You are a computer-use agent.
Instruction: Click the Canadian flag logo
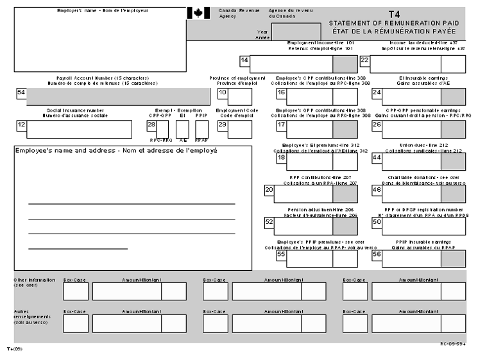click(198, 13)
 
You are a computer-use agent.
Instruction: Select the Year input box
click(291, 31)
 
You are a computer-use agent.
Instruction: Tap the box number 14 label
click(244, 60)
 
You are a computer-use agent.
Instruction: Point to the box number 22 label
click(364, 60)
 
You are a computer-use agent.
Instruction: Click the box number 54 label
click(21, 92)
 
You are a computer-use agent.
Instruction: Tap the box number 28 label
click(151, 124)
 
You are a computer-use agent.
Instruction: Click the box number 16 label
click(281, 92)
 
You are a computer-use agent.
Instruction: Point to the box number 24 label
click(377, 92)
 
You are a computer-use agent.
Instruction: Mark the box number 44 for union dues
click(377, 157)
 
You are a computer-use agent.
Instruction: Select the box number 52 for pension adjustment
click(269, 222)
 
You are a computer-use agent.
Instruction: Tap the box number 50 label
click(377, 222)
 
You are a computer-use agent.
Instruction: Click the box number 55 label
click(281, 254)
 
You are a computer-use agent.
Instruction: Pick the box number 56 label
click(377, 254)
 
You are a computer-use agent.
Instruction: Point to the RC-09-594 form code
click(452, 344)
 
